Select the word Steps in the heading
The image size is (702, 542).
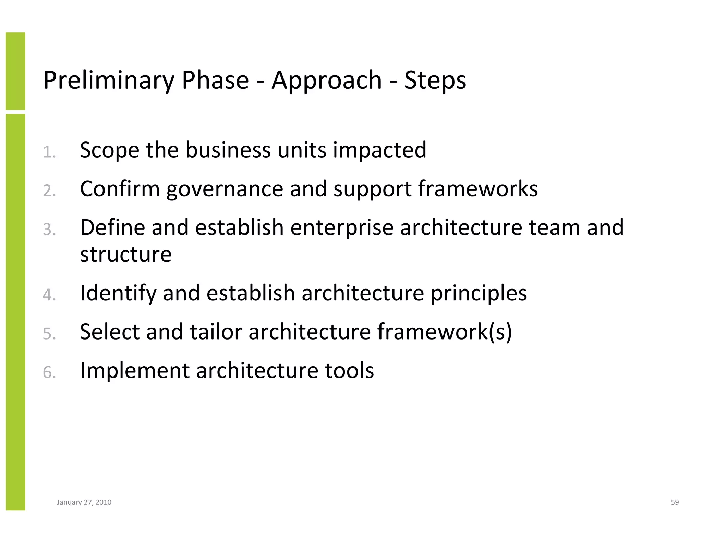(x=435, y=81)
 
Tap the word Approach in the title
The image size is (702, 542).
(x=326, y=81)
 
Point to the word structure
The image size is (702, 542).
(x=125, y=255)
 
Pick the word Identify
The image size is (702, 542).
(x=118, y=293)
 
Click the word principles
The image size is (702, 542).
(x=479, y=293)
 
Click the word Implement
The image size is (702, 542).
(x=135, y=371)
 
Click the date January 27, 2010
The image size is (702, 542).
(x=84, y=502)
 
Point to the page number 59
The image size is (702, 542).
(x=675, y=502)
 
